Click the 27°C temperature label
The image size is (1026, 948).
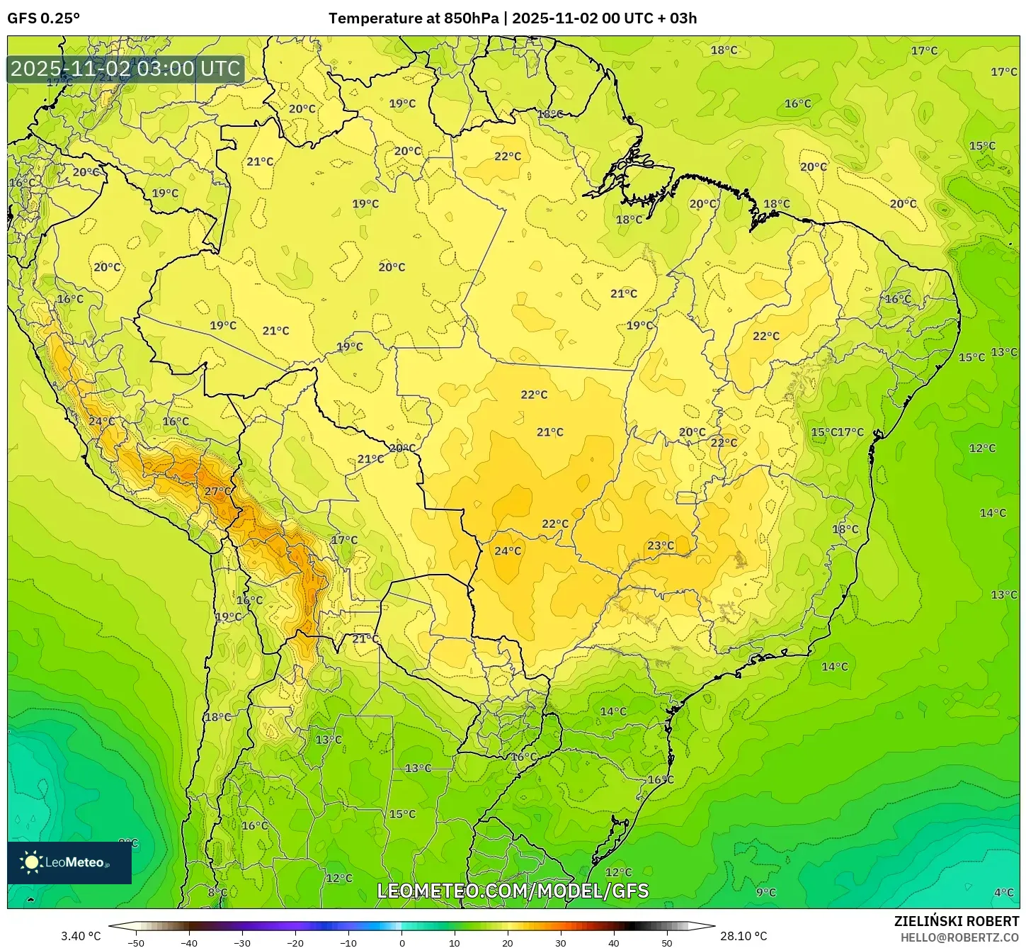pyautogui.click(x=217, y=491)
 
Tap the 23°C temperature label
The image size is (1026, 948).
pyautogui.click(x=661, y=545)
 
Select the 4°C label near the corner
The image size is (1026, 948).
pyautogui.click(x=1003, y=892)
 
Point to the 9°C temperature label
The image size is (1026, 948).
pyautogui.click(x=765, y=892)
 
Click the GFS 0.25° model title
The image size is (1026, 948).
pyautogui.click(x=43, y=18)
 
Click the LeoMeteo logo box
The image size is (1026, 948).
pyautogui.click(x=69, y=862)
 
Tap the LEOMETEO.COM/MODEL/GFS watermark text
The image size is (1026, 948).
pyautogui.click(x=513, y=891)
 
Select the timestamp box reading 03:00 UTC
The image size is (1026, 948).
pyautogui.click(x=126, y=69)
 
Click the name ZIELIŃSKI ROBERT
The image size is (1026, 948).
pyautogui.click(x=957, y=921)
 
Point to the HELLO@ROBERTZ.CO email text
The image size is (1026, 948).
pyautogui.click(x=959, y=937)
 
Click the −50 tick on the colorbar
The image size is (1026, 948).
pyautogui.click(x=136, y=942)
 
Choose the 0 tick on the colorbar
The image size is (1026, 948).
pyautogui.click(x=401, y=942)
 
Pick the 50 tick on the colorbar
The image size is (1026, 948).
pyautogui.click(x=667, y=942)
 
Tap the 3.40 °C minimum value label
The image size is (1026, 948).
pyautogui.click(x=81, y=936)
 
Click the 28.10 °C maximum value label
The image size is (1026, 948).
pyautogui.click(x=743, y=936)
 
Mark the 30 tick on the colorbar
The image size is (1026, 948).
pyautogui.click(x=561, y=942)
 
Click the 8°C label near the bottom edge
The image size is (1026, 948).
pyautogui.click(x=217, y=892)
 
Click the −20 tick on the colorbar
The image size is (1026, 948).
pyautogui.click(x=295, y=942)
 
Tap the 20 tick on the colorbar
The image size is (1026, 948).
pyautogui.click(x=508, y=942)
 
